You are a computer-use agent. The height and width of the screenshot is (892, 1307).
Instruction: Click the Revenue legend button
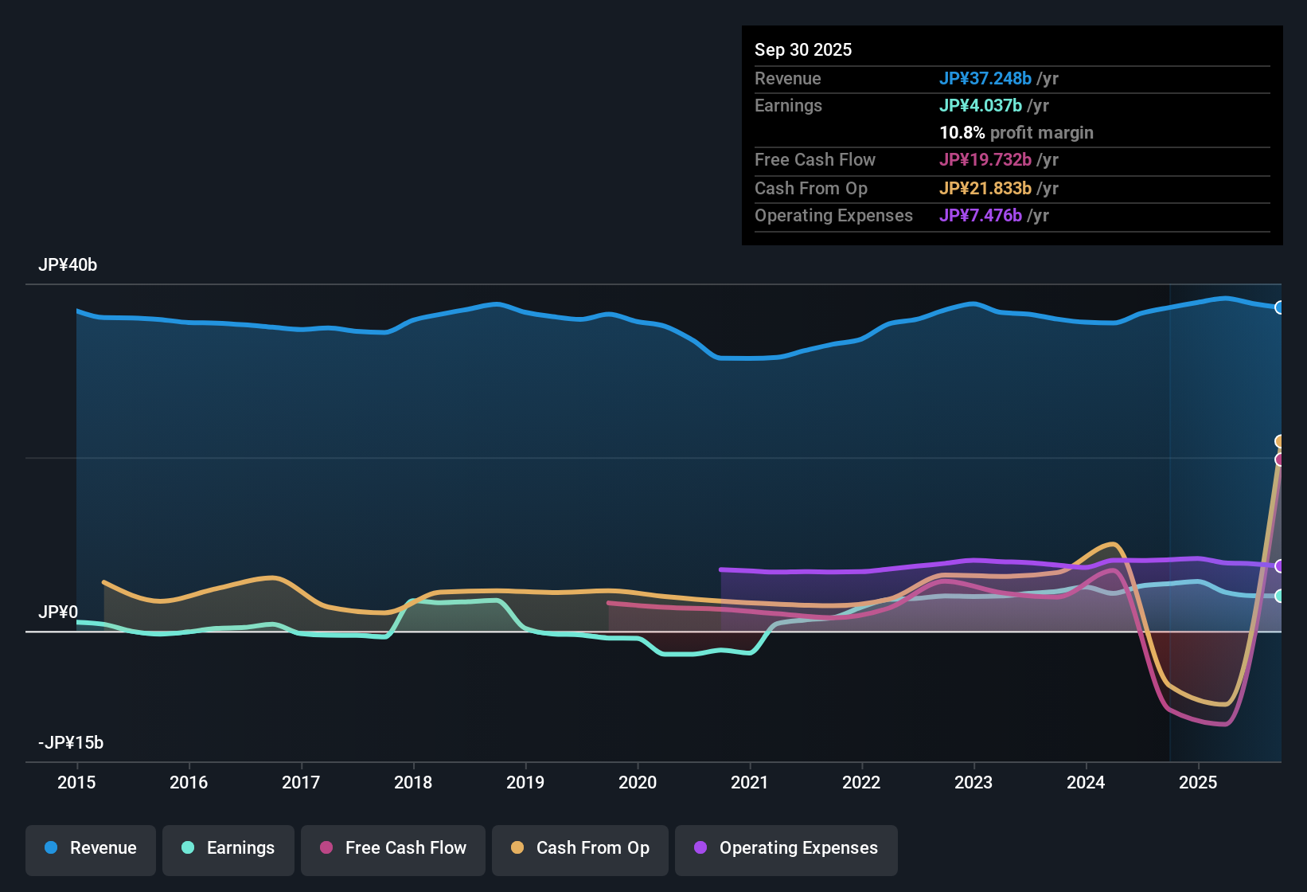[x=91, y=848]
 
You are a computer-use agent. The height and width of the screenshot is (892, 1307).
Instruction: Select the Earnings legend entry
[x=228, y=848]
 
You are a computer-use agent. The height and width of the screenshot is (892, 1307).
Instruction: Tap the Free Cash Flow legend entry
[x=393, y=848]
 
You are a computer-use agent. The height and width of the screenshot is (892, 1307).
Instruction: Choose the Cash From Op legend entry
[x=580, y=848]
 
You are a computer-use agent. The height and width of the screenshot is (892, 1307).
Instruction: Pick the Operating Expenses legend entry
[x=786, y=848]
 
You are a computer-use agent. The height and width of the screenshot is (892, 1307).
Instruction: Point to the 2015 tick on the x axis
[x=76, y=782]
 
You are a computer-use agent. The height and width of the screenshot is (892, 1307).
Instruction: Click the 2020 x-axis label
[x=638, y=782]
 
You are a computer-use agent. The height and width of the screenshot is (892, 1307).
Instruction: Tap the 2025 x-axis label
[x=1198, y=782]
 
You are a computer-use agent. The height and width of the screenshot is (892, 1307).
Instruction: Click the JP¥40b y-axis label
[x=68, y=265]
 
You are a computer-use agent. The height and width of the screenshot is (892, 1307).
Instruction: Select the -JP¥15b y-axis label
[x=71, y=743]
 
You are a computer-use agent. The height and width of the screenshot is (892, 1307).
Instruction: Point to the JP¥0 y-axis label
[x=58, y=612]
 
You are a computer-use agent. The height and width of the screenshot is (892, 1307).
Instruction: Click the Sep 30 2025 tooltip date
[x=803, y=50]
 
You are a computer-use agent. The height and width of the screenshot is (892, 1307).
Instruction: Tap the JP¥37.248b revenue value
[x=985, y=79]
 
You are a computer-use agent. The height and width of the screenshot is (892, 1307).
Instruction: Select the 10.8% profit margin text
[x=1016, y=133]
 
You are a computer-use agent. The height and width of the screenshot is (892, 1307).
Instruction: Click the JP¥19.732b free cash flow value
[x=985, y=160]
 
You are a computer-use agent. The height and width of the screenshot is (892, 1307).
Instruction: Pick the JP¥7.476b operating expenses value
[x=981, y=216]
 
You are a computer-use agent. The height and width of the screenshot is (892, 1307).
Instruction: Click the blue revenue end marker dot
[x=1279, y=307]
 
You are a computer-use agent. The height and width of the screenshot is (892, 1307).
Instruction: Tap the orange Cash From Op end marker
[x=1279, y=441]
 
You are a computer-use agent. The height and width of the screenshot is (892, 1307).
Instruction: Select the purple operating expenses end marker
[x=1279, y=566]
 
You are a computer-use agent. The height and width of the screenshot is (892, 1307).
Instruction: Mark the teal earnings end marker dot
[x=1279, y=596]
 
